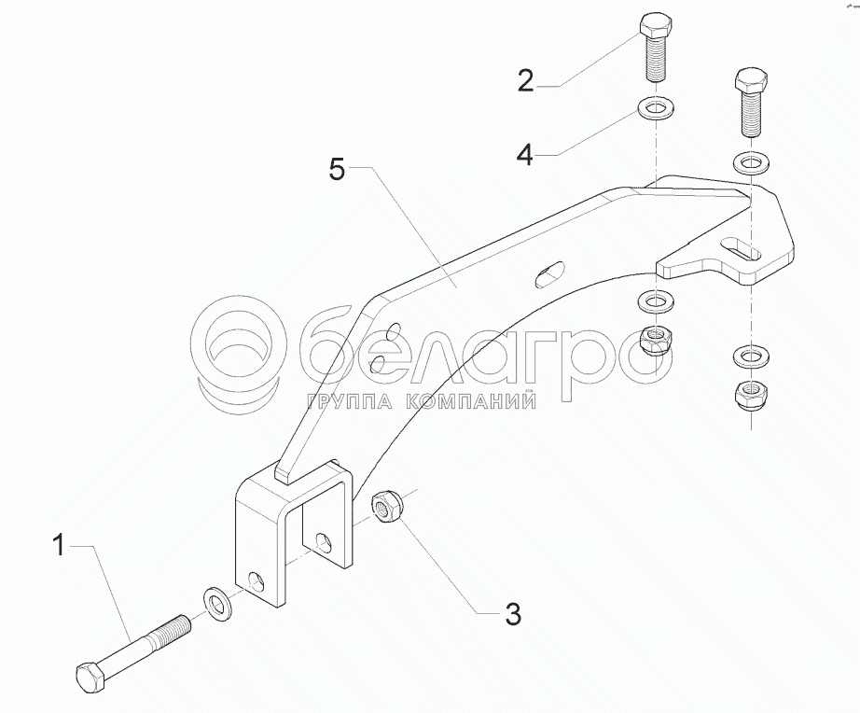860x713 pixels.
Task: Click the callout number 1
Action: (x=60, y=546)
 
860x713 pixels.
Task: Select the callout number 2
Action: (x=525, y=80)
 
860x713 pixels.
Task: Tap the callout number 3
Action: (x=513, y=614)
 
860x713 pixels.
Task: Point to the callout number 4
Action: (x=525, y=154)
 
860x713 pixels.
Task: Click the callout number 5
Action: (x=338, y=169)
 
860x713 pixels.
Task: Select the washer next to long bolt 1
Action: (x=219, y=604)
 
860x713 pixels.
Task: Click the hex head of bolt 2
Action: (x=656, y=25)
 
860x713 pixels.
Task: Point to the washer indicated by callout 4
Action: (x=656, y=107)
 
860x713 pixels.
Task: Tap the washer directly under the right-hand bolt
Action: (x=750, y=162)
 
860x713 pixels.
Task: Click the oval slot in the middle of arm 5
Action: (x=550, y=273)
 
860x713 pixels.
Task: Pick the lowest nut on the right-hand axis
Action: (x=750, y=395)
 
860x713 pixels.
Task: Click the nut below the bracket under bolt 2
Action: (x=656, y=342)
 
